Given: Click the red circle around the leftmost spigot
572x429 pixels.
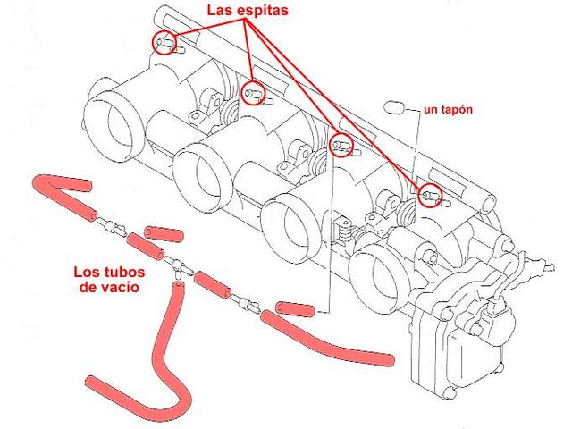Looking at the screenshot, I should [x=164, y=43].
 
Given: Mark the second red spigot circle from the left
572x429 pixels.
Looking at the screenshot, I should [x=253, y=90].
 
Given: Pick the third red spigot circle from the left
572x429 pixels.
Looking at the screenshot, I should [x=341, y=145].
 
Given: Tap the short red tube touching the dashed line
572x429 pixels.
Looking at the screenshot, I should [x=294, y=309].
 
